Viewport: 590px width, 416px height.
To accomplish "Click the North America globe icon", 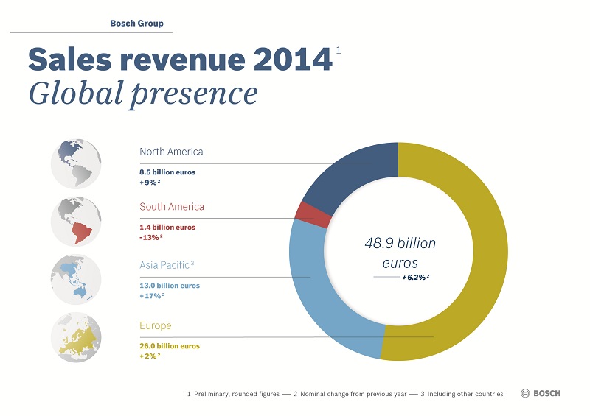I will (x=76, y=163).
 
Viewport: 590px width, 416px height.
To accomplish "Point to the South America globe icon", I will (x=76, y=220).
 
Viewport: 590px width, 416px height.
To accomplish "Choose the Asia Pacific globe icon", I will (x=76, y=279).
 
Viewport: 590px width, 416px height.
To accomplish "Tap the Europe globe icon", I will (x=76, y=337).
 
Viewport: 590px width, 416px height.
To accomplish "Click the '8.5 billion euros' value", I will (x=167, y=171).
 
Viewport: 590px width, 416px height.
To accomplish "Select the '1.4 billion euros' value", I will (x=167, y=228).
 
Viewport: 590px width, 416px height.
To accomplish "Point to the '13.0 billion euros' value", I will (x=170, y=286).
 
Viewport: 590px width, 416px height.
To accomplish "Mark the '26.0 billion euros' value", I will (x=170, y=345).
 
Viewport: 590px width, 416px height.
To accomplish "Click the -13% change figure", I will (x=150, y=237).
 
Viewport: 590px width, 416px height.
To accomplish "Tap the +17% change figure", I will (x=151, y=295).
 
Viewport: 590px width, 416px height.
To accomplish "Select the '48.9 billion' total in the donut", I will (x=400, y=243).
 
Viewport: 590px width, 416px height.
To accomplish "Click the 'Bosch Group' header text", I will (x=136, y=24).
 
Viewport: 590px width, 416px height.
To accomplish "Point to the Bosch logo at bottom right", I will (x=541, y=394).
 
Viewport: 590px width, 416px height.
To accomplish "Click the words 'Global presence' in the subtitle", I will (x=142, y=94).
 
